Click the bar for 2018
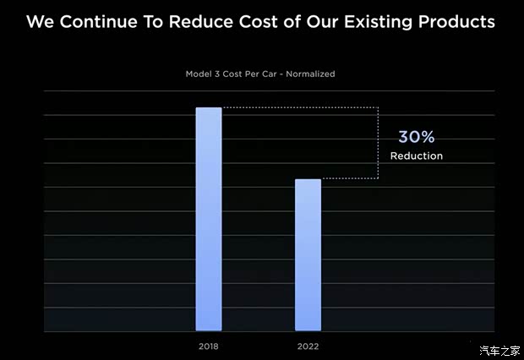[x=209, y=220]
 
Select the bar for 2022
[x=308, y=255]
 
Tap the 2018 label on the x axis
[x=209, y=346]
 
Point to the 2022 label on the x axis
[x=308, y=346]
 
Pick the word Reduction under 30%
[x=416, y=156]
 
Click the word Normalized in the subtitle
[x=311, y=74]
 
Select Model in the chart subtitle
[x=199, y=74]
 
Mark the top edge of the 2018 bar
[x=209, y=108]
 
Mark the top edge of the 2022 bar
[x=308, y=180]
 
